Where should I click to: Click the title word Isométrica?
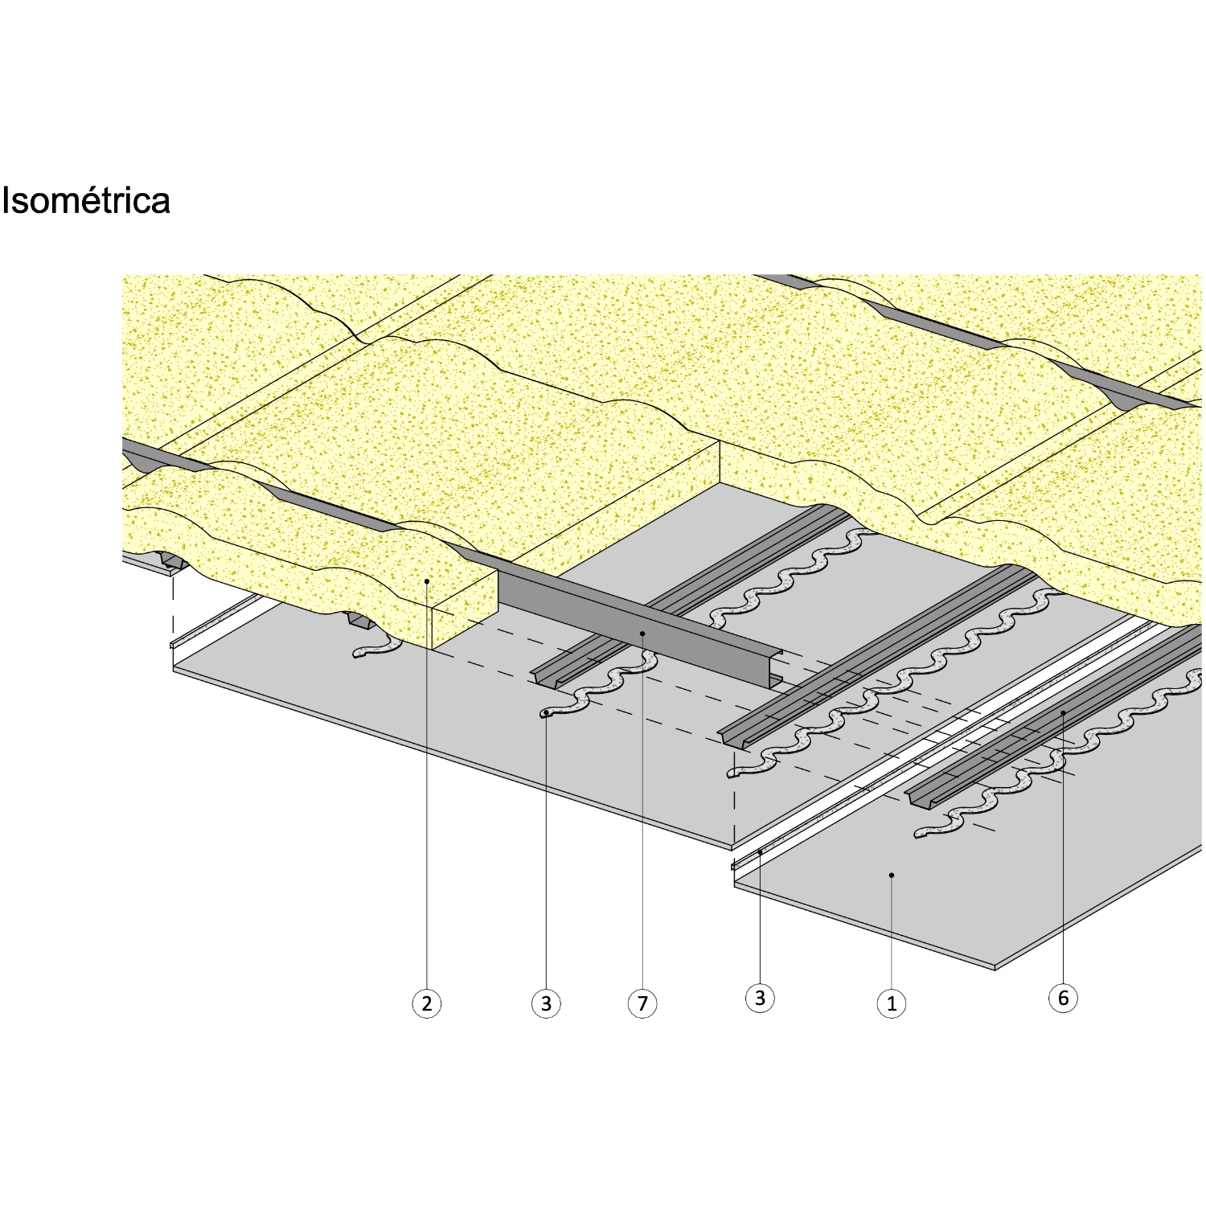85,200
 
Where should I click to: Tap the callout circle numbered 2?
427,1003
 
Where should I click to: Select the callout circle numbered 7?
642,1003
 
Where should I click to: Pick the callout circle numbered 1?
891,1003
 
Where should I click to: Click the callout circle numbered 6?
1063,998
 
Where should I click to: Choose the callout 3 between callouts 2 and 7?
546,1003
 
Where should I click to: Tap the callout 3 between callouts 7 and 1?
760,998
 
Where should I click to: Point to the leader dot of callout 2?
427,580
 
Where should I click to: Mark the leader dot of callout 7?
642,634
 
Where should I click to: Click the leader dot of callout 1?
891,874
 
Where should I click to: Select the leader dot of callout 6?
1063,712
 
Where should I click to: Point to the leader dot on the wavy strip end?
546,713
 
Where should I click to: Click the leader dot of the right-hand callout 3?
760,851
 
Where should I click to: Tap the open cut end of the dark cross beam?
774,669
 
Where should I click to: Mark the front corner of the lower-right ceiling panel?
995,967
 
